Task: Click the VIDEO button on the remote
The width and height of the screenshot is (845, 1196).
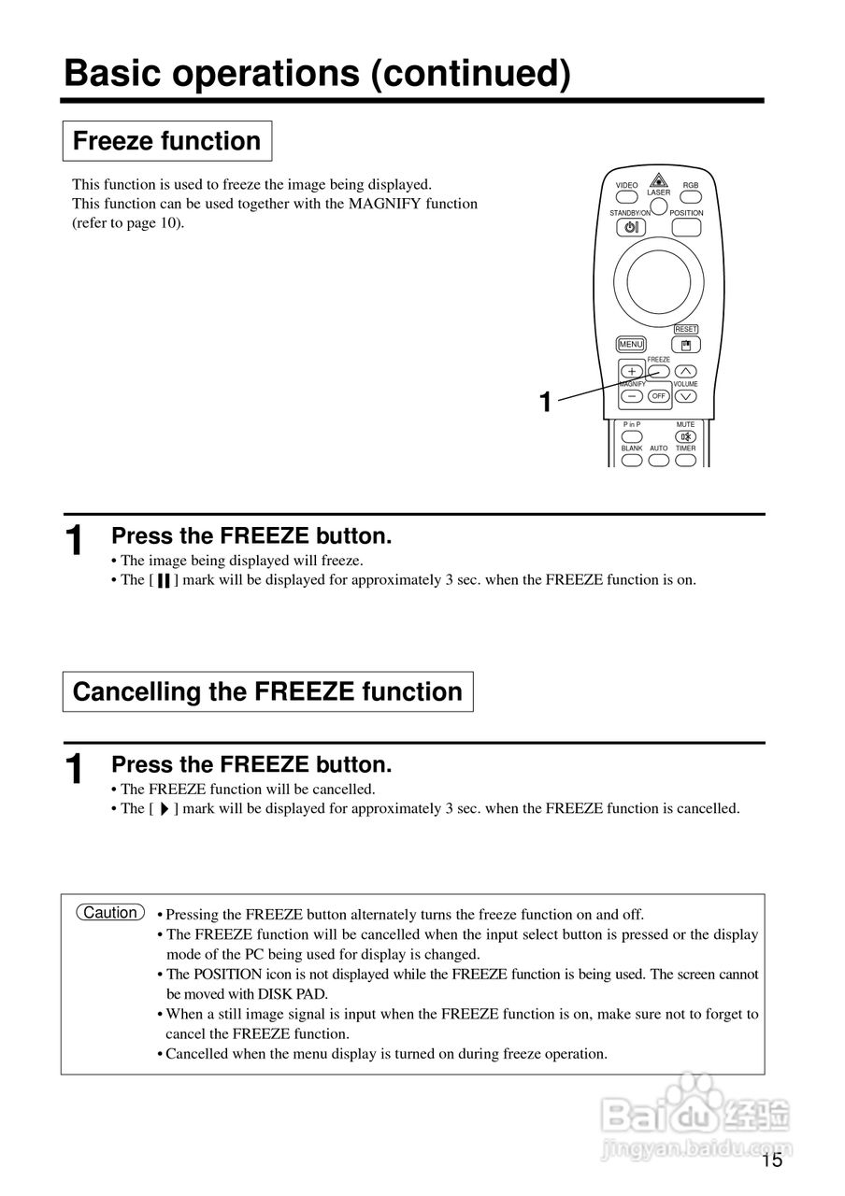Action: coord(626,196)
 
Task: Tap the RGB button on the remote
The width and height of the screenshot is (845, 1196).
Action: coord(691,196)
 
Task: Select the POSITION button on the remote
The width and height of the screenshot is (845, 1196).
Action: coord(687,227)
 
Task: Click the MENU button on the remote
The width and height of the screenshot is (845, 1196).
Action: coord(631,345)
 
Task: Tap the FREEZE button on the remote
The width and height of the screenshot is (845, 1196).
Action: coord(659,371)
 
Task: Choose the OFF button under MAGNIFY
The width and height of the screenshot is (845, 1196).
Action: coord(659,396)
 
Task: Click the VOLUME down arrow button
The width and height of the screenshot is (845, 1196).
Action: coord(686,396)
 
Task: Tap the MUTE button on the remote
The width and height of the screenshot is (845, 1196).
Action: coord(686,436)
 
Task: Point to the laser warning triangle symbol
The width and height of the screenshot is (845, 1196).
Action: coord(659,180)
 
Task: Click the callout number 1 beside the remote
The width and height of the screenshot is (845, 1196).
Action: coord(545,403)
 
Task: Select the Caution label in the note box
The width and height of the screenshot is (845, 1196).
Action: coord(110,913)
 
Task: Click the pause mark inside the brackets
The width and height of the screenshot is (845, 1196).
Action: coord(163,580)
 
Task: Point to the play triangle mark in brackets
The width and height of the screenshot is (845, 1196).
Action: coord(163,809)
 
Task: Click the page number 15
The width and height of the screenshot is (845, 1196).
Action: coord(771,1161)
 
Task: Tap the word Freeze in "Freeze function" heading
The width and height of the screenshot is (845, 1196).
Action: coord(113,141)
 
